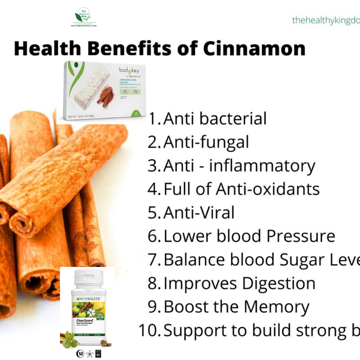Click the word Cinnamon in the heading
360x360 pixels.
[254, 49]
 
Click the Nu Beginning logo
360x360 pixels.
[83, 18]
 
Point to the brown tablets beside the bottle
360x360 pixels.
[106, 343]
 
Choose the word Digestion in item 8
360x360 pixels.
[279, 284]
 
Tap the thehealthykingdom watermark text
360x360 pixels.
[326, 21]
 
